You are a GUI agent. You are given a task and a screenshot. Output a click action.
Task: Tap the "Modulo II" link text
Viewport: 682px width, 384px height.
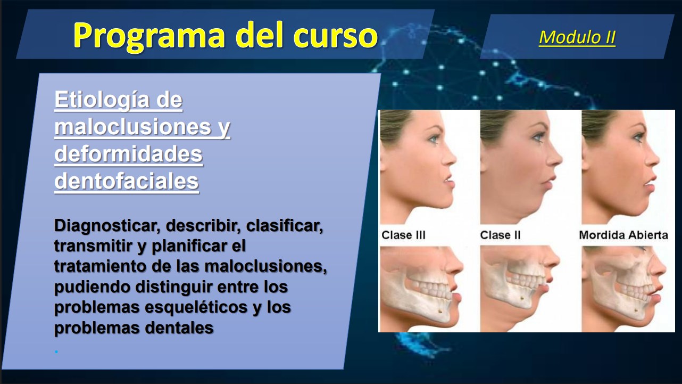577,37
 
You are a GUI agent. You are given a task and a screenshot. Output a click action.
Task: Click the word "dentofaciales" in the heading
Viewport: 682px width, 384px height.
127,182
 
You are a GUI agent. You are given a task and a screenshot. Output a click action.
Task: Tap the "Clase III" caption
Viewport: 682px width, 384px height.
404,235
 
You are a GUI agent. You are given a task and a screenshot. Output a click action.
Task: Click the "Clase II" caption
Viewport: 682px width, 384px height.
500,235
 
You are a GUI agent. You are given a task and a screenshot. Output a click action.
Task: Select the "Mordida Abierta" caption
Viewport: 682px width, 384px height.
623,235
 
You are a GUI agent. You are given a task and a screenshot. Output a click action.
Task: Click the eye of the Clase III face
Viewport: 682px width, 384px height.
435,140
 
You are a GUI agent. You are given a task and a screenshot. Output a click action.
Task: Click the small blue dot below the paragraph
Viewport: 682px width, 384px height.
56,352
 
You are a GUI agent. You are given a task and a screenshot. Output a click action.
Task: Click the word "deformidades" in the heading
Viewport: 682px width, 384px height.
128,154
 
